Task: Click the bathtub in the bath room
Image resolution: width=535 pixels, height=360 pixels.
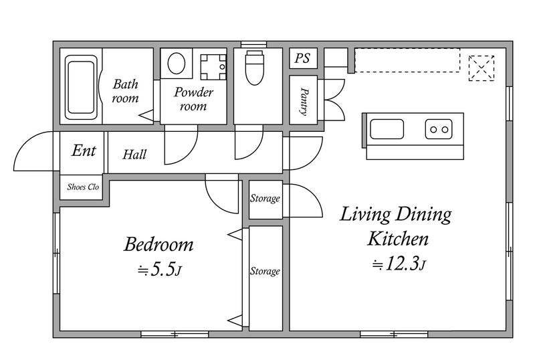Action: pos(81,88)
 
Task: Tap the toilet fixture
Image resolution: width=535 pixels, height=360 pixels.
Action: pos(255,68)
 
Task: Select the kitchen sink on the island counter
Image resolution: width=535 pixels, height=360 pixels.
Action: pos(387,129)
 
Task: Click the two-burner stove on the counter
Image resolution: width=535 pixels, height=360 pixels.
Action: pos(439,129)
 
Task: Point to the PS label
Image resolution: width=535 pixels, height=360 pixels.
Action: pos(302,58)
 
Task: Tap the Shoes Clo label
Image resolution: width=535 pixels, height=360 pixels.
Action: pos(83,187)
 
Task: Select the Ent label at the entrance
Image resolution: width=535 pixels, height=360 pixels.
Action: pos(84,151)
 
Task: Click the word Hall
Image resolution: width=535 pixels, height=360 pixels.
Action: pos(134,155)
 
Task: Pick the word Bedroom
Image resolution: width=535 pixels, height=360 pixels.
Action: pos(158,244)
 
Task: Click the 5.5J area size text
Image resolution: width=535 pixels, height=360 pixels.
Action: pos(159,270)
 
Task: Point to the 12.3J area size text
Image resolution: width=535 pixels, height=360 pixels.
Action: pos(399,264)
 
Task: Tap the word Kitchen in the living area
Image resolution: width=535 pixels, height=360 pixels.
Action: pos(398,239)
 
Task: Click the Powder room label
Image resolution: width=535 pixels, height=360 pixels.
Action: pos(193,99)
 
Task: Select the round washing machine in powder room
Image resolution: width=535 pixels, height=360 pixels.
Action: pos(177,63)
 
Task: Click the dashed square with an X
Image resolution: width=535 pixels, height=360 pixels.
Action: pos(481,68)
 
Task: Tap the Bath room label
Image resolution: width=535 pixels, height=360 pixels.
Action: pos(125,91)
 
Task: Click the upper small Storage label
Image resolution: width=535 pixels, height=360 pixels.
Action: pos(265,199)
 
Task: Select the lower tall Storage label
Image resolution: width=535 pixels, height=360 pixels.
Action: pos(265,271)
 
